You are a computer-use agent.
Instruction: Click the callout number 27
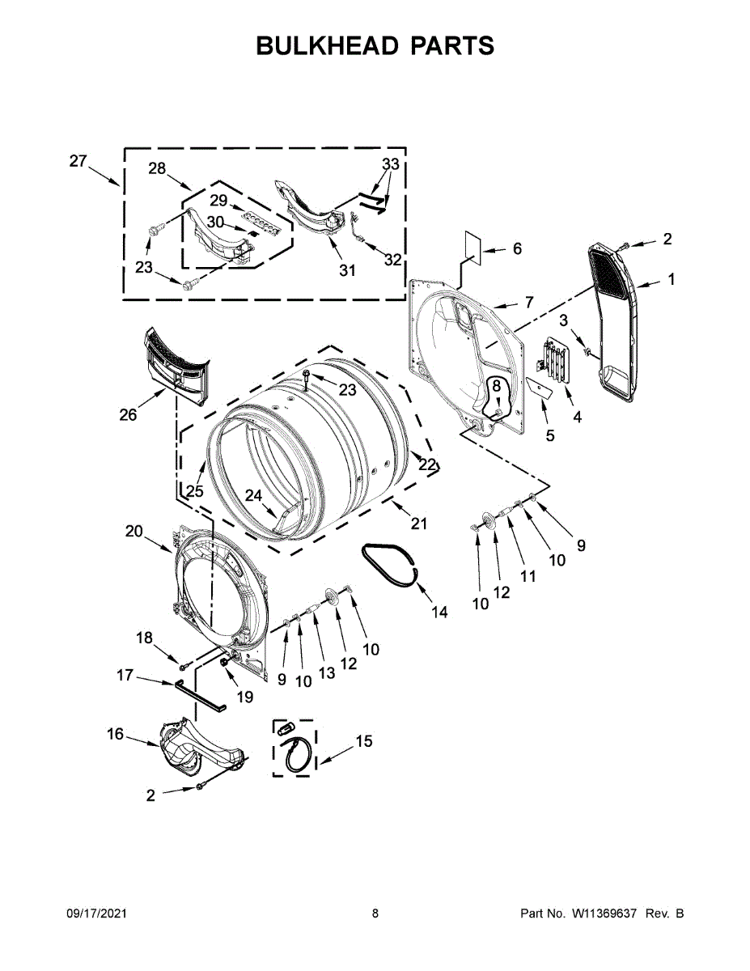point(78,161)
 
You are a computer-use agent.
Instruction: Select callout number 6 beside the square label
point(517,248)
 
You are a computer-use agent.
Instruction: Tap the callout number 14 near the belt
point(439,613)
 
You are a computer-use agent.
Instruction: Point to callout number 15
point(365,740)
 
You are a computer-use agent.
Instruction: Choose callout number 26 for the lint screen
point(128,415)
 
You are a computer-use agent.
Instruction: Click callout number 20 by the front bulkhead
point(133,532)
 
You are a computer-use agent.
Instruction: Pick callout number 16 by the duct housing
point(116,734)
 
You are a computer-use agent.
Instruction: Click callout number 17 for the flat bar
point(125,674)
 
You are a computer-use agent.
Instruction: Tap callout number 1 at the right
point(671,280)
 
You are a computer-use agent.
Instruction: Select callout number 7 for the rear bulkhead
point(529,302)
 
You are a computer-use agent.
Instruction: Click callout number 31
point(347,271)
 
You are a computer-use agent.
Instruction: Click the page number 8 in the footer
point(375,914)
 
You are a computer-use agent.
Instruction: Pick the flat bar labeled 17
point(200,694)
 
